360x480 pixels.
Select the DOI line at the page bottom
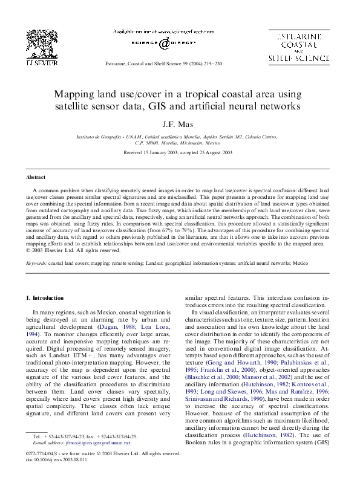pyautogui.click(x=56, y=459)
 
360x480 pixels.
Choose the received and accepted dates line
pyautogui.click(x=178, y=153)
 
